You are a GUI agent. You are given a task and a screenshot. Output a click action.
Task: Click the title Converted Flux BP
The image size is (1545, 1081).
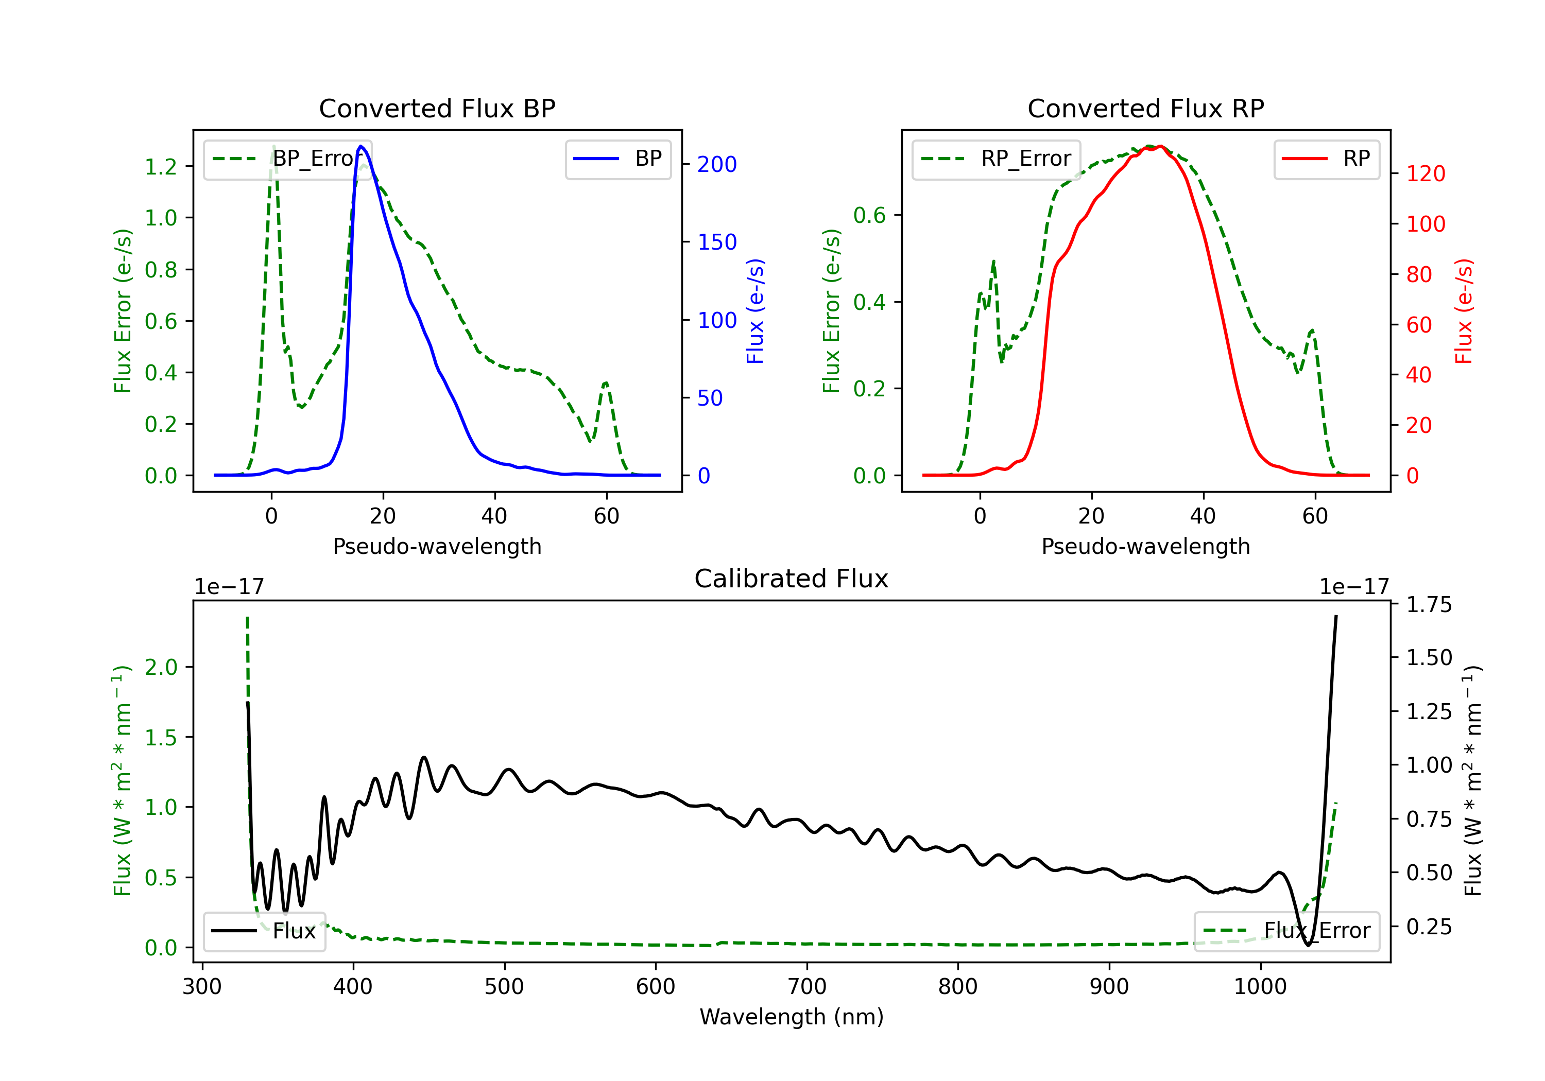pos(437,108)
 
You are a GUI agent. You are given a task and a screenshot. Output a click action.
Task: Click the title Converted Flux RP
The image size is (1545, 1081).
pos(1146,108)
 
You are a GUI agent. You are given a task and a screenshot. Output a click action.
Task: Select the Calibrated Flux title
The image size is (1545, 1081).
pos(792,579)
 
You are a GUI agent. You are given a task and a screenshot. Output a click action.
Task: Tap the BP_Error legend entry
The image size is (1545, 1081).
pos(287,159)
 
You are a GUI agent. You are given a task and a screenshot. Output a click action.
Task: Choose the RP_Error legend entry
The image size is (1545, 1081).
pos(996,159)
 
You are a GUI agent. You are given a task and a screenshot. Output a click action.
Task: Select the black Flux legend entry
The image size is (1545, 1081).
pos(264,931)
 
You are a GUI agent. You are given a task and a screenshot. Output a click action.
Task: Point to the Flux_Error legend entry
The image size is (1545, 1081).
pos(1286,931)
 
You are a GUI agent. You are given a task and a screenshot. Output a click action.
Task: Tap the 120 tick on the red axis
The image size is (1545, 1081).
pos(1425,173)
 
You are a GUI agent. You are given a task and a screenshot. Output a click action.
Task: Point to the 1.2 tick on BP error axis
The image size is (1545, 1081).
pos(161,166)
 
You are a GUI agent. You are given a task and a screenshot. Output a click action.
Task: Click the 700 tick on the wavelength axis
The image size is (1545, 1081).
pos(807,987)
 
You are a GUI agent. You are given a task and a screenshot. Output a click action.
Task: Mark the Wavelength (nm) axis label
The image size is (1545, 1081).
pos(792,1017)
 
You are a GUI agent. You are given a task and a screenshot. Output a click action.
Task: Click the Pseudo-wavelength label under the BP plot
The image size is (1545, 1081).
pos(437,546)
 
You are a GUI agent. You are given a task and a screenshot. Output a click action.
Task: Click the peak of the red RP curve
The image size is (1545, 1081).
pos(1160,146)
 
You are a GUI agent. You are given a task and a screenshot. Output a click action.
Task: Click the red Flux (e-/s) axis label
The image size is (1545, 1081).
pos(1464,311)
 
